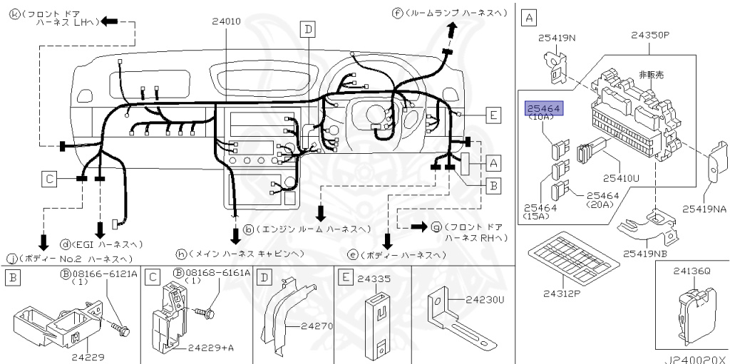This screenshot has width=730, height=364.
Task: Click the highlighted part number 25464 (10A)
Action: click(x=544, y=108)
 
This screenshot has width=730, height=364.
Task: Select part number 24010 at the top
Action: click(x=227, y=21)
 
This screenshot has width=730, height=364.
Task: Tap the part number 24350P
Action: click(x=649, y=34)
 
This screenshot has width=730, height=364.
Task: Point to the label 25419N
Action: click(x=557, y=37)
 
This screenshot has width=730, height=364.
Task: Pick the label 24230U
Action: click(x=485, y=299)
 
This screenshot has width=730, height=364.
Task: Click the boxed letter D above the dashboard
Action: click(x=307, y=29)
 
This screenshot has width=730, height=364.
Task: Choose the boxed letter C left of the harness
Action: click(x=48, y=179)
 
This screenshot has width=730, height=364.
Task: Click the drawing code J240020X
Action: click(x=697, y=359)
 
